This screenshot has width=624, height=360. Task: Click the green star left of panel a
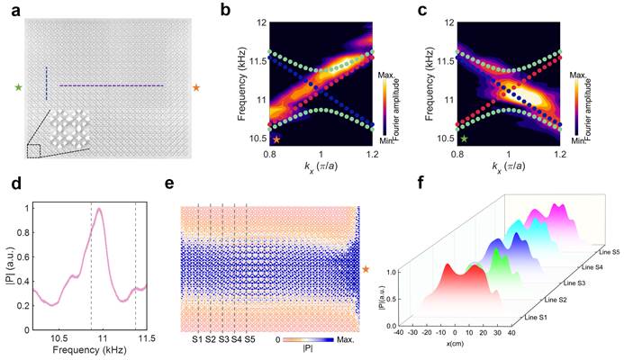pos(17,87)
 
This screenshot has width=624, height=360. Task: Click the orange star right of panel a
pos(196,87)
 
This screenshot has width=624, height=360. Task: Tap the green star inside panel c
pos(464,139)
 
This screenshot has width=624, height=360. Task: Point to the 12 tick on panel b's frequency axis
pos(259,21)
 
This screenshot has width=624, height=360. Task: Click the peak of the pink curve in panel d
pos(100,210)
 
